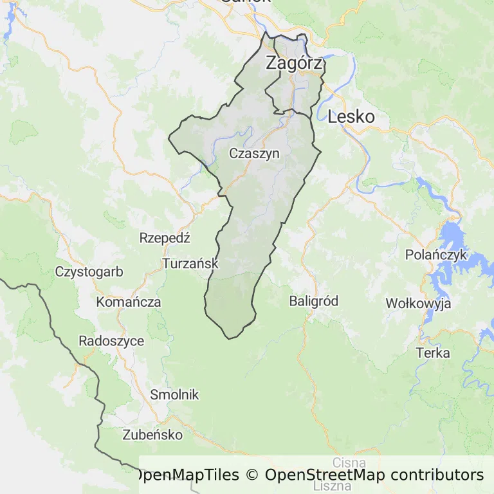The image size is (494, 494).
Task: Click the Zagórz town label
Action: click(293, 63)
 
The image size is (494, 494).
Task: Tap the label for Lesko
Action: click(351, 117)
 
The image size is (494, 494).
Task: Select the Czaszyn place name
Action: click(255, 154)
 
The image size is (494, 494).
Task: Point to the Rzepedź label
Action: click(165, 238)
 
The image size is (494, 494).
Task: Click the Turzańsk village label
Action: click(190, 264)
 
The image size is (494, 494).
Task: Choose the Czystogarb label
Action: click(89, 271)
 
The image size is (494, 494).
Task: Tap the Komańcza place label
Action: click(128, 302)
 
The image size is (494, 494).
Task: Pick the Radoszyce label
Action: click(111, 341)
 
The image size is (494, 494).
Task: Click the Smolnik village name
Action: click(174, 395)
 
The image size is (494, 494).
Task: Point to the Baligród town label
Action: click(314, 301)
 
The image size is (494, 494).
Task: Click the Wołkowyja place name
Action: click(418, 304)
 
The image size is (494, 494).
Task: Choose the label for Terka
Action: click(433, 353)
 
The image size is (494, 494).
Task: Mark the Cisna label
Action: click(349, 462)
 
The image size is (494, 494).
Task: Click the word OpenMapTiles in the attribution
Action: click(186, 475)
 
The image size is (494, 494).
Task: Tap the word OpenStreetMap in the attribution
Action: click(325, 475)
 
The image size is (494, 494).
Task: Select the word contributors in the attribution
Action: click(436, 475)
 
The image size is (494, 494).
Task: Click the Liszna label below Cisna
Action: click(333, 486)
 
